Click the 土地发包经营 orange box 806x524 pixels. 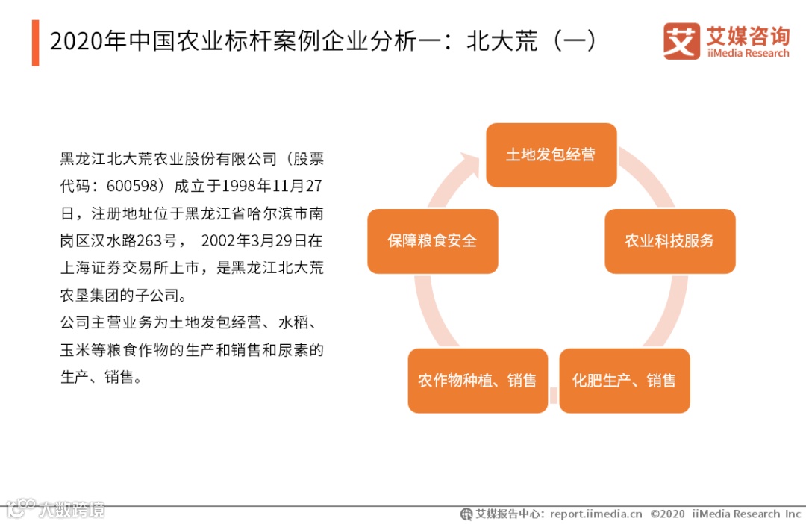(551, 155)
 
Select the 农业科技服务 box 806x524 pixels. (669, 240)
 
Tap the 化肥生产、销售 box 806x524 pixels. (624, 381)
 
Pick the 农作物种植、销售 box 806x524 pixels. (477, 381)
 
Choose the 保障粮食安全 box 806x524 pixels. (432, 240)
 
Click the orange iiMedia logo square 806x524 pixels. (681, 41)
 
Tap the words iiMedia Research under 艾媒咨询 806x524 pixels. (746, 54)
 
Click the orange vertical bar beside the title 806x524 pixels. (35, 43)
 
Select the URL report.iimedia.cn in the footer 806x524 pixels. (596, 514)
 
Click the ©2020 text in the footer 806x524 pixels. (667, 514)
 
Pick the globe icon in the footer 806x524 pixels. (466, 514)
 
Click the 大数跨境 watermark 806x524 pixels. (72, 511)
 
